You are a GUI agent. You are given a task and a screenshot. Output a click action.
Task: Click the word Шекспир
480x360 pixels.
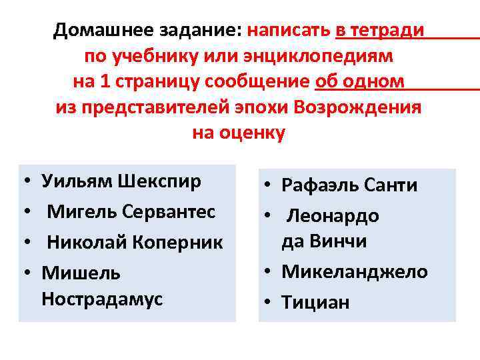pos(159,181)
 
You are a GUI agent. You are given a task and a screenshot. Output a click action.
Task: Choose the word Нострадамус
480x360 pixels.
pos(101,299)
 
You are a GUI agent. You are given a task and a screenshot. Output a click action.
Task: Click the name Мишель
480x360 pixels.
pos(81,274)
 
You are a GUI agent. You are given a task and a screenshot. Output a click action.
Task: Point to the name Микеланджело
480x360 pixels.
pos(355,271)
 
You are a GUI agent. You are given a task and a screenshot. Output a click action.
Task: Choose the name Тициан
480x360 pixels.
pos(315,303)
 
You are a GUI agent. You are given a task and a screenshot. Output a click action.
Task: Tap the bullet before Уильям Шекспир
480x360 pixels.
pos(24,182)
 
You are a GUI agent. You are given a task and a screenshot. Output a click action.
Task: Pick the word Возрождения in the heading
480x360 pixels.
pos(358,107)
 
